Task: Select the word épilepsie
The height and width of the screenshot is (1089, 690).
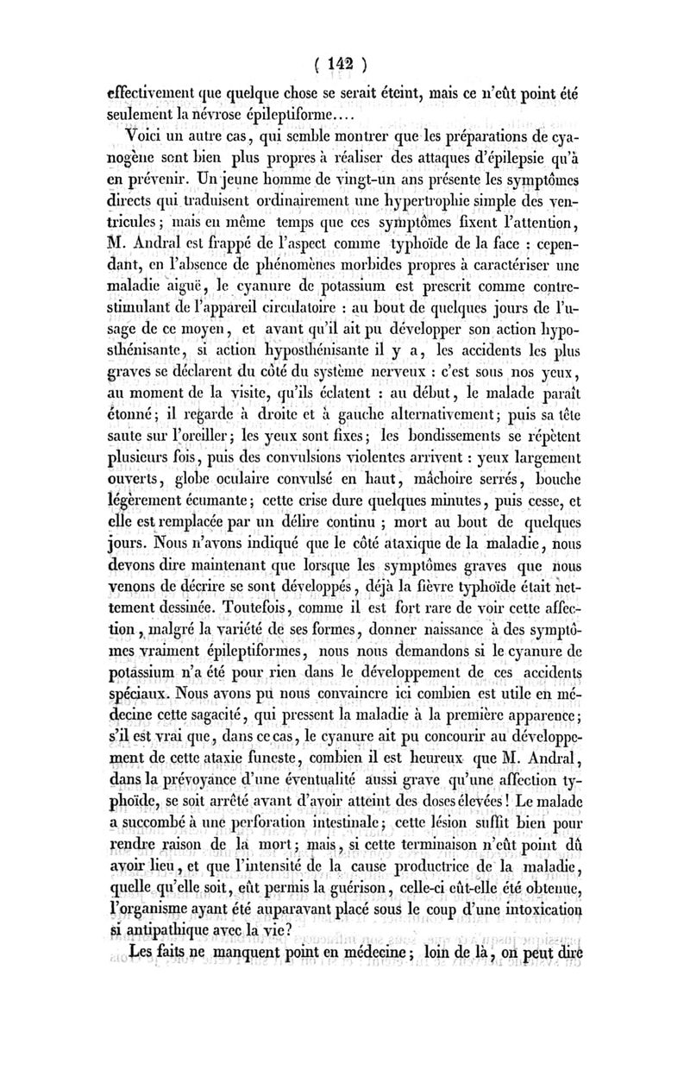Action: (517, 162)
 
